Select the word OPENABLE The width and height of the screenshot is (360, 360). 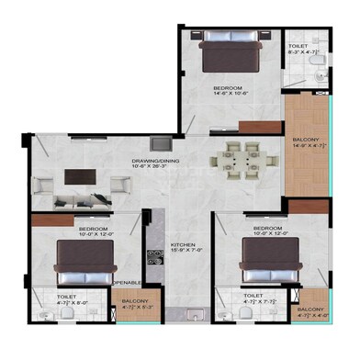click(127, 282)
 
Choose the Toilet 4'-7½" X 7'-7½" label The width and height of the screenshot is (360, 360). click(253, 299)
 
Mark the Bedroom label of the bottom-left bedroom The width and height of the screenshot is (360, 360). click(94, 231)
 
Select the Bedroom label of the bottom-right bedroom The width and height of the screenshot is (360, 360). click(266, 231)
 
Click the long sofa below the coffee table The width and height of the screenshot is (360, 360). click(83, 199)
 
